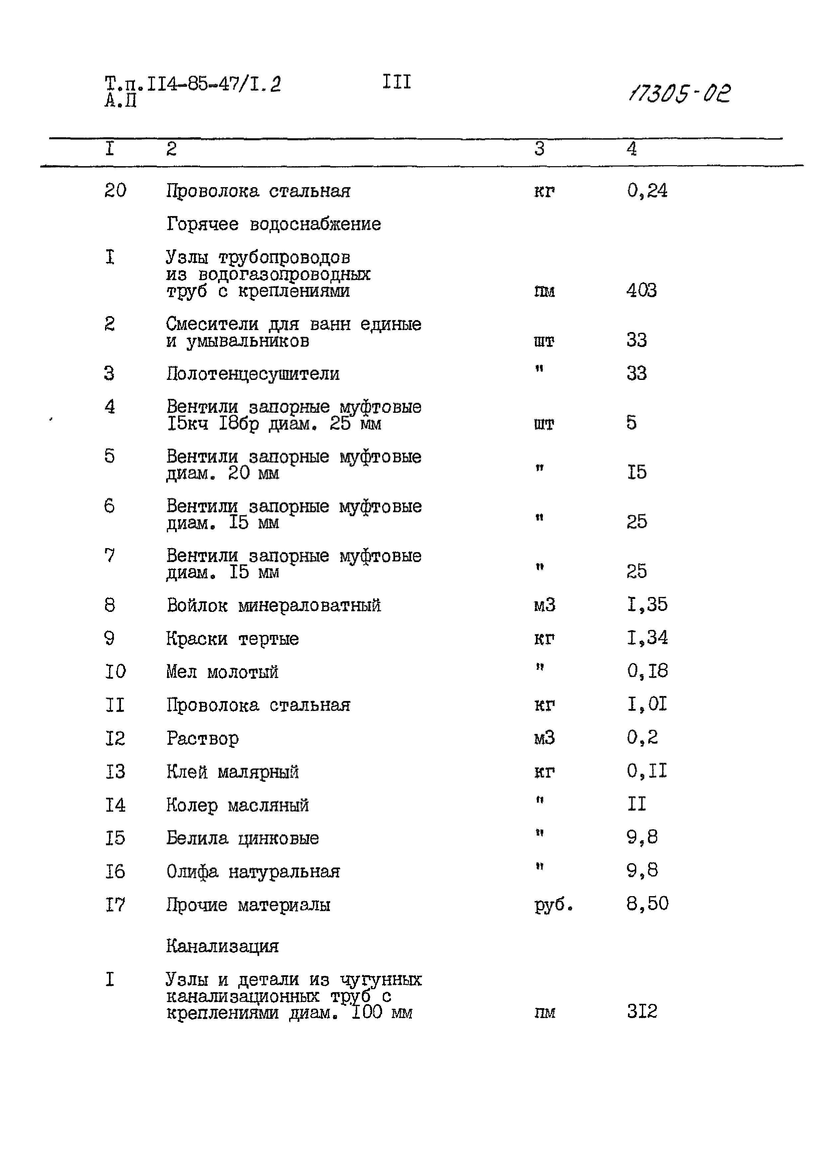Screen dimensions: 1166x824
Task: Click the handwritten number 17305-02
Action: click(x=679, y=93)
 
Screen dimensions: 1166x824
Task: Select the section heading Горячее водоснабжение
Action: click(x=274, y=224)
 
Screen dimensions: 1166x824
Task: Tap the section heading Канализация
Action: click(x=222, y=946)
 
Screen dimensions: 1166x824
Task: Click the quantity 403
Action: click(x=641, y=291)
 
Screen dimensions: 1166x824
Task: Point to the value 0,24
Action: click(x=647, y=190)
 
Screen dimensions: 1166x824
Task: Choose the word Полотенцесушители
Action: click(x=253, y=374)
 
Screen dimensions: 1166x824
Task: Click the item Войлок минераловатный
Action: click(x=274, y=605)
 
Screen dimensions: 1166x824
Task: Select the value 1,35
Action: click(x=647, y=604)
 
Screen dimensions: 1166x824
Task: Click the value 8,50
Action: click(x=647, y=903)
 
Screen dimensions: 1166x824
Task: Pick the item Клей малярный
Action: click(x=233, y=772)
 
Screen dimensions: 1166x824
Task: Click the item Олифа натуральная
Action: click(x=253, y=872)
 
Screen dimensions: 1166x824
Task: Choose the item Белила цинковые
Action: click(x=243, y=838)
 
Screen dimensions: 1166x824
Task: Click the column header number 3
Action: click(x=539, y=149)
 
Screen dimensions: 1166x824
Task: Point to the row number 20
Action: click(x=115, y=190)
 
